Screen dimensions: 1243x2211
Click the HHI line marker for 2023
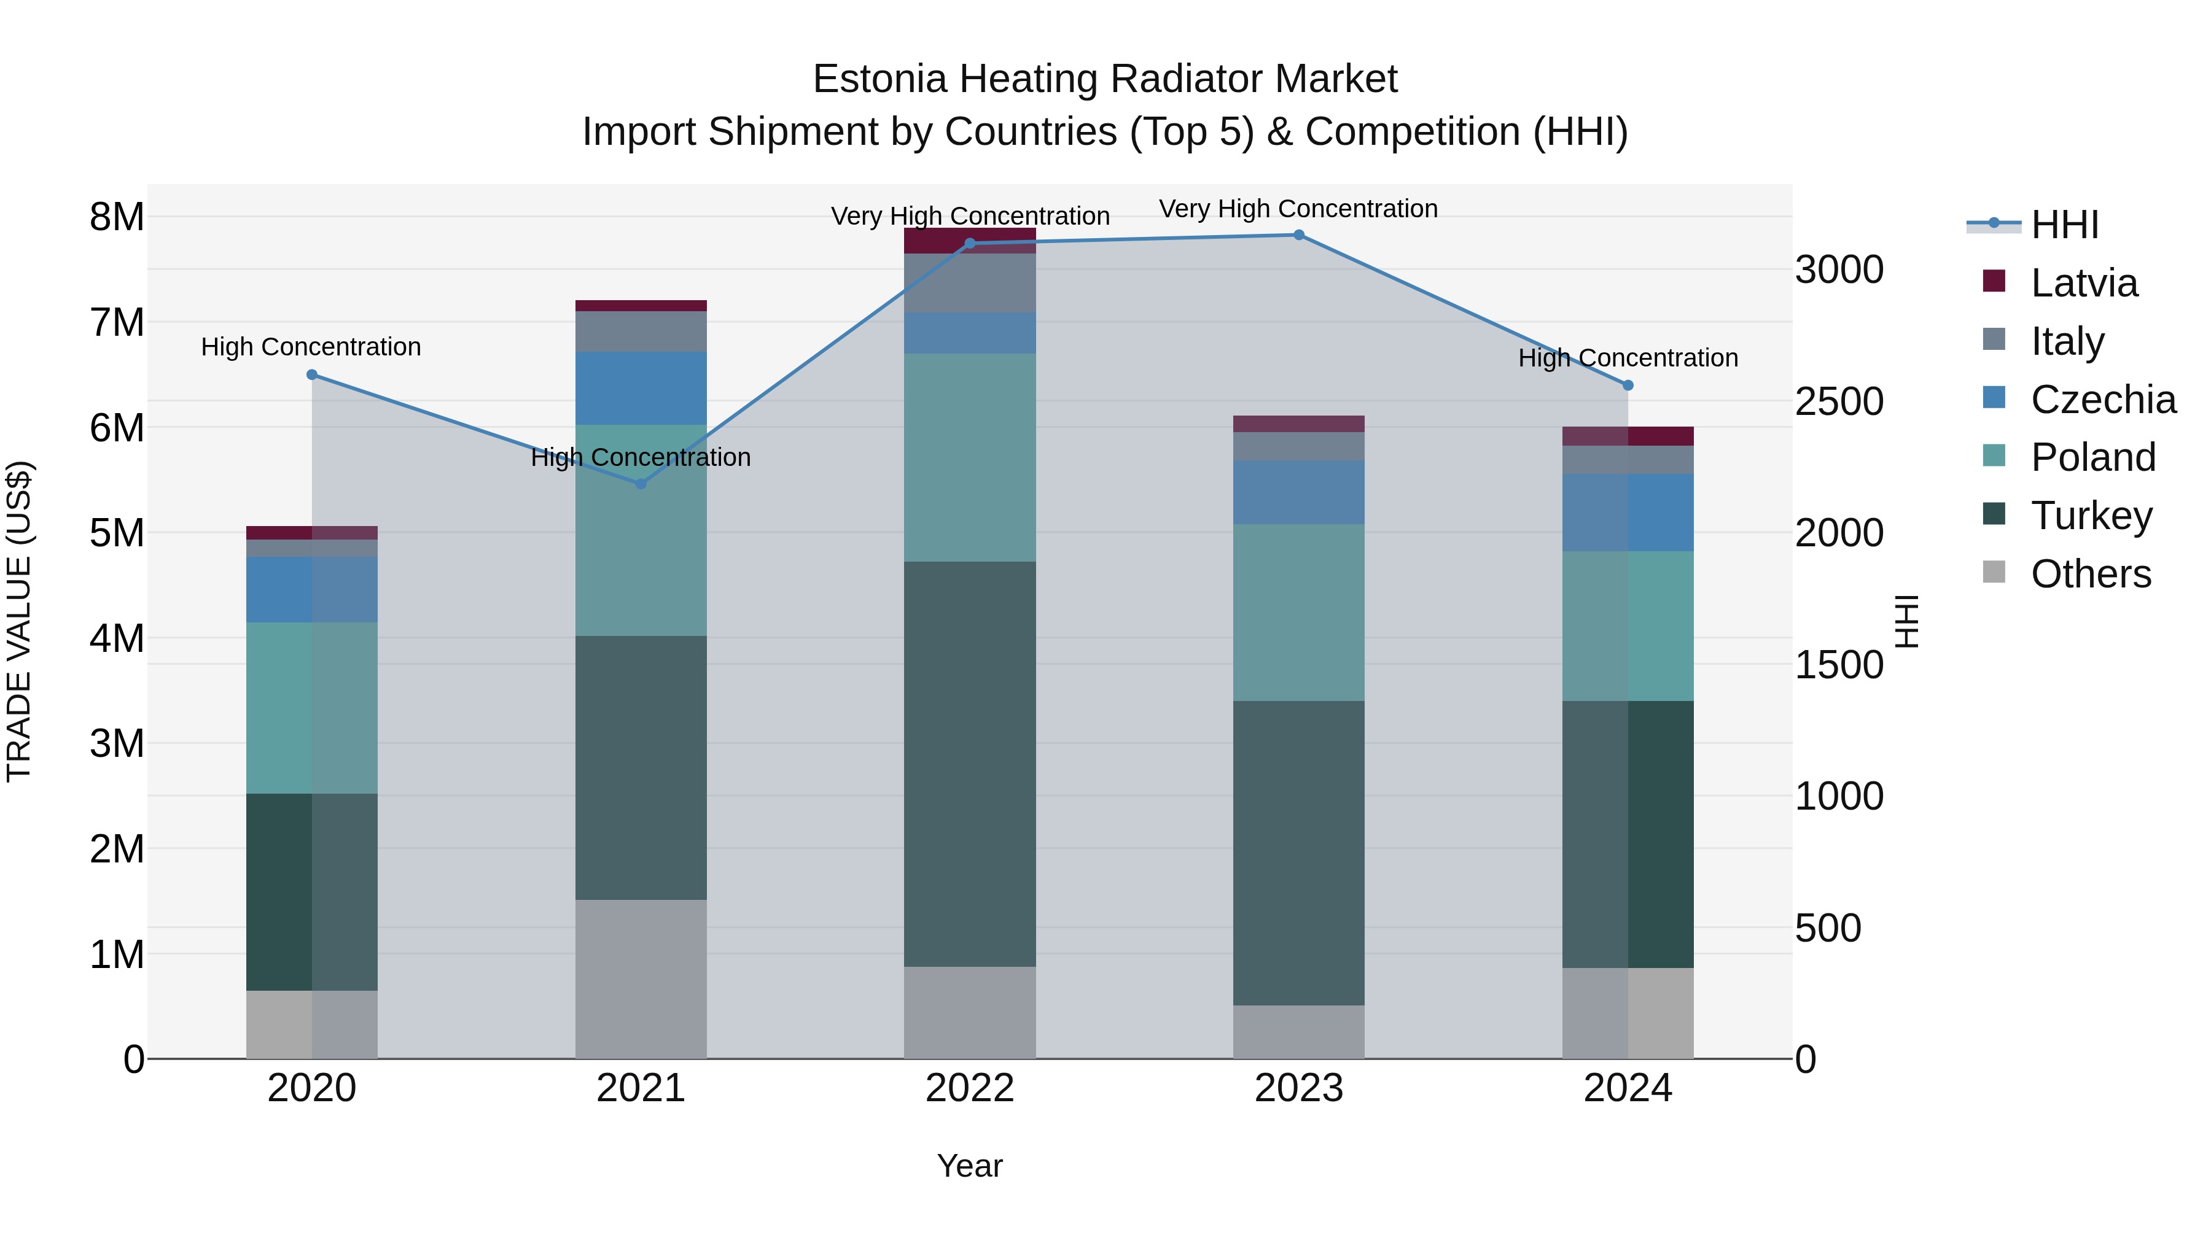(1298, 235)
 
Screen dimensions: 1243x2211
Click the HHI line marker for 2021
(641, 484)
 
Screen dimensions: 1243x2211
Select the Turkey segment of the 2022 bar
(970, 764)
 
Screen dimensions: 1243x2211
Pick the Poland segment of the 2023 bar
(1298, 613)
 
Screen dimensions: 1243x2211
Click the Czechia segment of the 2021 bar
(641, 388)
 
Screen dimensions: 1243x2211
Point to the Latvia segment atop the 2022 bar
(970, 240)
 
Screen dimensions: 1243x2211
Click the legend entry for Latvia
(2083, 283)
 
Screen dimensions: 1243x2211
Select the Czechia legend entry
(2102, 400)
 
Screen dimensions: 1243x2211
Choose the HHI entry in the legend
(2064, 225)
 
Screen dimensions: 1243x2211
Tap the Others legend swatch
(1994, 572)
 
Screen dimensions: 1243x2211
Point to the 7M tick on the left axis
(117, 322)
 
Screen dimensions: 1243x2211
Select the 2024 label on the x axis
(1628, 1088)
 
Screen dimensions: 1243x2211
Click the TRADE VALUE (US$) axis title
(19, 621)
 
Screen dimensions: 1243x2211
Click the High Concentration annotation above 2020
(311, 347)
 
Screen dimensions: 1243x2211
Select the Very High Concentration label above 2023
(1298, 209)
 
